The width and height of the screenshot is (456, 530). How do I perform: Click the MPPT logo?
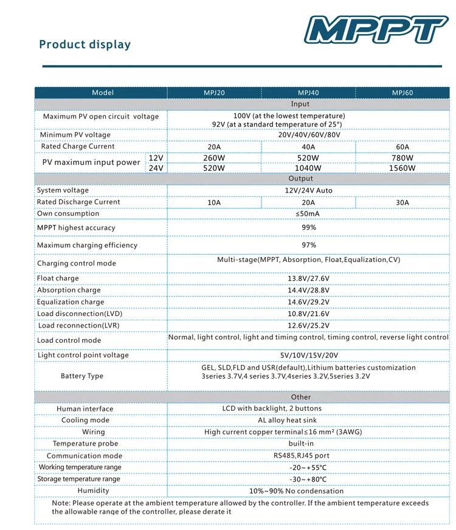click(376, 29)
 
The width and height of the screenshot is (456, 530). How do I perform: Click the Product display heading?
click(85, 44)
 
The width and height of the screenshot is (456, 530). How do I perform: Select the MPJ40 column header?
click(308, 93)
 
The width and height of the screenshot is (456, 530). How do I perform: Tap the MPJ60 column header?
click(402, 93)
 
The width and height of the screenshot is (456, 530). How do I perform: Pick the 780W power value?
click(402, 158)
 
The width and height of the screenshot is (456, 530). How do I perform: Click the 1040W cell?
click(308, 168)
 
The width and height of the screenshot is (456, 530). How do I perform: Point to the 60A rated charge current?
click(402, 146)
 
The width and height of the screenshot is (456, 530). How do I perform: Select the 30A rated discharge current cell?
click(402, 202)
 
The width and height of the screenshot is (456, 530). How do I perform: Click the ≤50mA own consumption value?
click(308, 214)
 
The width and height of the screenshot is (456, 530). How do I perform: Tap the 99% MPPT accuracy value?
click(308, 227)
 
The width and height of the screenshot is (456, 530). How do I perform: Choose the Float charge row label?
click(58, 278)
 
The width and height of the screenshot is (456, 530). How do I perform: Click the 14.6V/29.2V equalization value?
click(308, 302)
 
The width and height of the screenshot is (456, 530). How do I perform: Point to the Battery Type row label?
click(82, 376)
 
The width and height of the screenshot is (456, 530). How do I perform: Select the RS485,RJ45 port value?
click(308, 455)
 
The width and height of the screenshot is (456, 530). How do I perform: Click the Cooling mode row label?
click(85, 421)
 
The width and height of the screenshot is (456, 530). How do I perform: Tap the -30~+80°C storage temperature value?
click(308, 479)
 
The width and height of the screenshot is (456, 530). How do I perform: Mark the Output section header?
click(301, 179)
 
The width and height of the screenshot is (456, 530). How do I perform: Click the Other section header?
click(301, 397)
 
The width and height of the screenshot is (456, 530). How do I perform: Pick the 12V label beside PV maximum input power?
click(156, 158)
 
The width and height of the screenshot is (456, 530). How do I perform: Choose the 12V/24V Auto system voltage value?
click(308, 191)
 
